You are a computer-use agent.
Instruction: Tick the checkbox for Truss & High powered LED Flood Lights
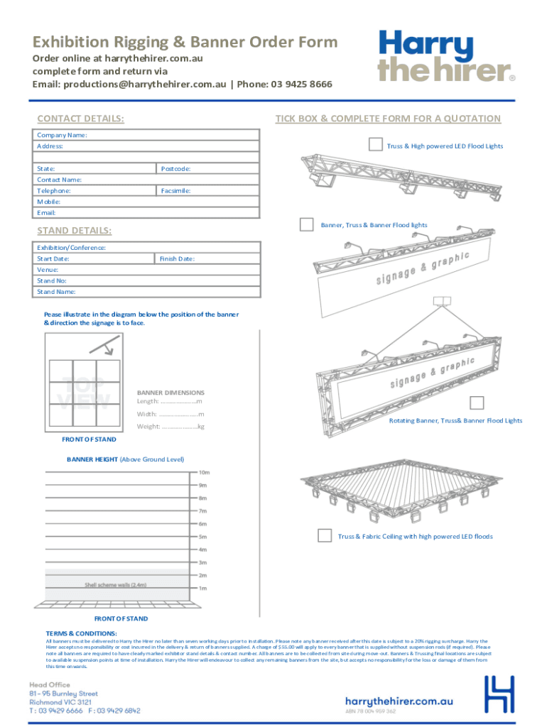[375, 145]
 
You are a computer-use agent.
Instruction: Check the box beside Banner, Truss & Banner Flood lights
[306, 224]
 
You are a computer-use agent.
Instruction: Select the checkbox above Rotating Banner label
[477, 403]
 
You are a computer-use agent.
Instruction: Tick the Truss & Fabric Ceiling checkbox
[325, 535]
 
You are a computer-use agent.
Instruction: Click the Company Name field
[170, 135]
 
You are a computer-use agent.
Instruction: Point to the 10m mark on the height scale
[203, 472]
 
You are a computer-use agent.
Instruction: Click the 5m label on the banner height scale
[202, 537]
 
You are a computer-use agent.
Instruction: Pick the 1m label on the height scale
[202, 589]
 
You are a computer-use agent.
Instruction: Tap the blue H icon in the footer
[499, 694]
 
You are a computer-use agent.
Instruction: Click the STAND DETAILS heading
[74, 231]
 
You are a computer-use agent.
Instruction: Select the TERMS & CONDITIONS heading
[82, 633]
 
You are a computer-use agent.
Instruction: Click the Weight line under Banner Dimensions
[170, 427]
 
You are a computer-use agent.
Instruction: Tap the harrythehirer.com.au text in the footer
[399, 700]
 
